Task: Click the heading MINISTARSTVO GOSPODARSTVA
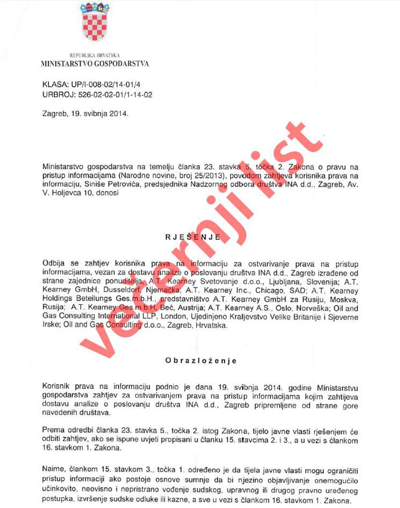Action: (x=95, y=64)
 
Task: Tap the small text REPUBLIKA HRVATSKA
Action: (x=94, y=56)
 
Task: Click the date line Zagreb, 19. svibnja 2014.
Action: (x=85, y=114)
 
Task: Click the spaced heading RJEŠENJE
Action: (x=193, y=238)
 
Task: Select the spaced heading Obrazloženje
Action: (x=201, y=361)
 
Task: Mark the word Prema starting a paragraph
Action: (x=53, y=429)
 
